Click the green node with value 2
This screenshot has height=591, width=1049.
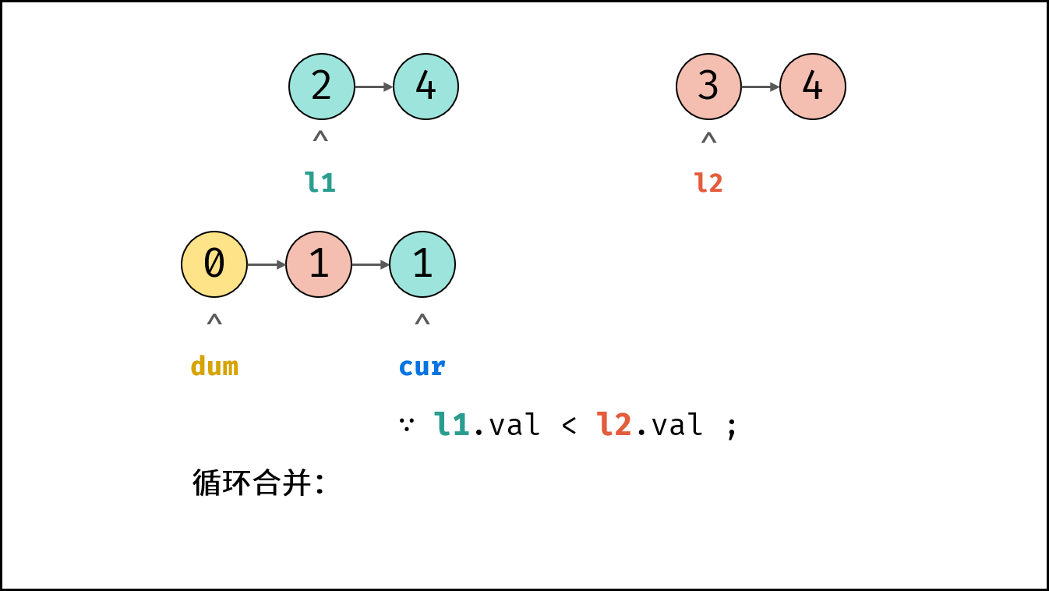(321, 87)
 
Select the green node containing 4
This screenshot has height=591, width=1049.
(426, 87)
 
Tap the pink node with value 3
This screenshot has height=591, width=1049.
(708, 87)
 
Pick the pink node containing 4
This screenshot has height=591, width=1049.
(813, 87)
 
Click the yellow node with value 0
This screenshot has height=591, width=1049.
(214, 264)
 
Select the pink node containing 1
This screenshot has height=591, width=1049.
(319, 264)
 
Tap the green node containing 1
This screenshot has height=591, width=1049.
(422, 264)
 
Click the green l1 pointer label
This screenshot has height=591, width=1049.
(320, 182)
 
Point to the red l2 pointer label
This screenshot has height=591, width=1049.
(708, 182)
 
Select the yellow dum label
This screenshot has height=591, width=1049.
(214, 366)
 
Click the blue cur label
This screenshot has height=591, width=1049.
(422, 367)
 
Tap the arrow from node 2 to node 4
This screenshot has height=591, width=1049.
(374, 87)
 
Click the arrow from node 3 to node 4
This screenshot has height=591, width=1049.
(761, 87)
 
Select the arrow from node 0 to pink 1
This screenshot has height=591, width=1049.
(267, 265)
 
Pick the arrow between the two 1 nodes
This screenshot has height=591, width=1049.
(370, 265)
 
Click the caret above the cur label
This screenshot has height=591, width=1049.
(422, 319)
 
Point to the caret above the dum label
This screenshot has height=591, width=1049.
(214, 319)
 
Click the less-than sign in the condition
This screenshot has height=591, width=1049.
(569, 426)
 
